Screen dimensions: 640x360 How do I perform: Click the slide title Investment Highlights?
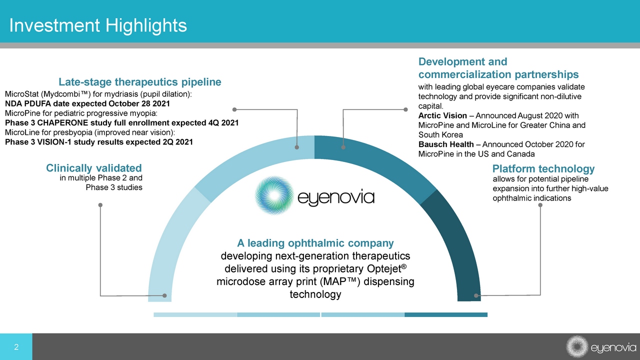pos(98,25)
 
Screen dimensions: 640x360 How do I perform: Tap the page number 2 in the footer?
pos(16,347)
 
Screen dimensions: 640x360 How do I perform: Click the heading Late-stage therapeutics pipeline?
pos(140,82)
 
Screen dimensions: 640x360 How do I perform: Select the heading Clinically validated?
pos(94,168)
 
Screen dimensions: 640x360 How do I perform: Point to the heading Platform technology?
pos(543,168)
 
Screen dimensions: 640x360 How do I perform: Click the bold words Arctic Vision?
pos(442,115)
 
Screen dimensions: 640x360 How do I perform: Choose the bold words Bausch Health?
pos(446,144)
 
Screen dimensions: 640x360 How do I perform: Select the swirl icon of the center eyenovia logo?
pos(274,195)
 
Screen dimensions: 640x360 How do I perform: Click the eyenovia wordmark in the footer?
pos(613,347)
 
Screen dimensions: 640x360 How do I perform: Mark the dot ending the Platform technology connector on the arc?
pos(476,295)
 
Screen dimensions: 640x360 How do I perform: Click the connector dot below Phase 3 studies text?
pos(100,205)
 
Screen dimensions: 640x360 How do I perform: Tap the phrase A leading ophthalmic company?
pos(315,243)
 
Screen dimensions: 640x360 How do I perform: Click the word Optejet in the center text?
pos(386,268)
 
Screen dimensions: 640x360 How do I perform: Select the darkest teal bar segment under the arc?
pos(446,314)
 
